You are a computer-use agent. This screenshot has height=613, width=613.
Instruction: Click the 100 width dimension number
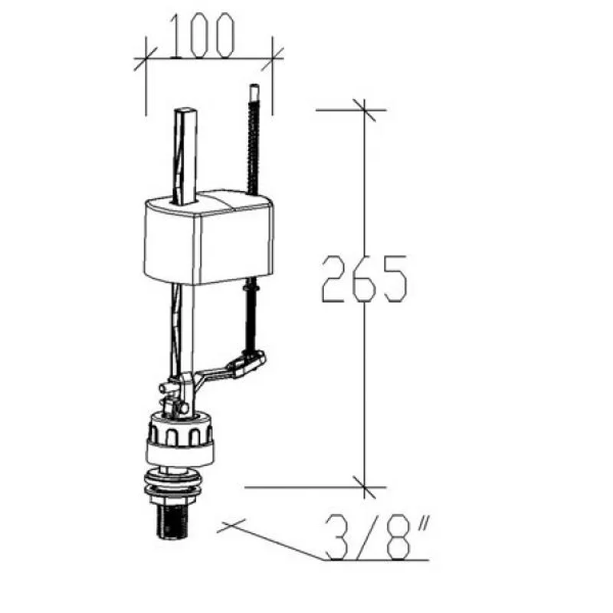tap(202, 36)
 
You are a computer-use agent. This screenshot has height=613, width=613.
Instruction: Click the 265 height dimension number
tap(365, 279)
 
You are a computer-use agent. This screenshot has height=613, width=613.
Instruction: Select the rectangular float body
tap(209, 238)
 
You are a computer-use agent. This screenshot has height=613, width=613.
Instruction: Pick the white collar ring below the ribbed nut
tap(180, 453)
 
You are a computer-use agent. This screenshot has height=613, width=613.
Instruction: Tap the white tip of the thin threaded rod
tap(254, 90)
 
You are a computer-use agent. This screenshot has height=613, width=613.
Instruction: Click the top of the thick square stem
tap(185, 110)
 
